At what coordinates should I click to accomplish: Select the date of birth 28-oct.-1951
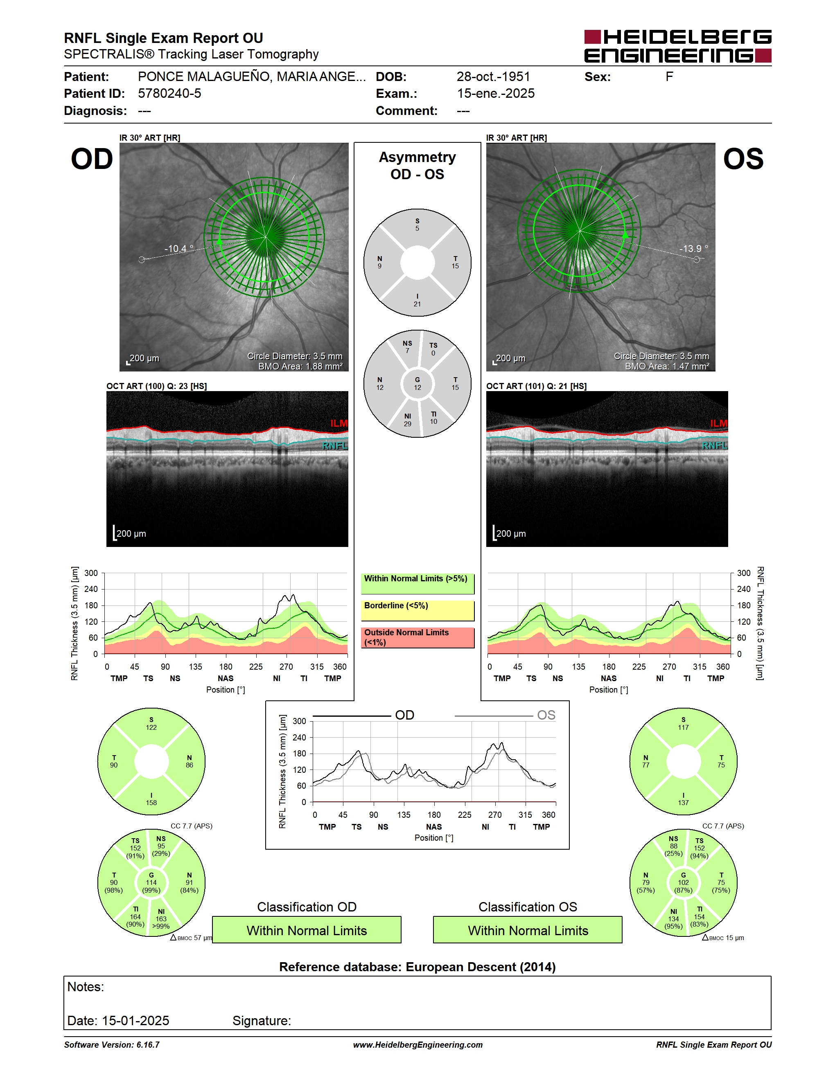493,76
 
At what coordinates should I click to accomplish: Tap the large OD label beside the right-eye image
92,159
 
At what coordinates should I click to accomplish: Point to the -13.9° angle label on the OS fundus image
693,248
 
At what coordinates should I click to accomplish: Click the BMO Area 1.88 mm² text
300,366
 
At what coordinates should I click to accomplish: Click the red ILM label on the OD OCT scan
339,423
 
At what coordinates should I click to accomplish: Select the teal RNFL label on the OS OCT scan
714,445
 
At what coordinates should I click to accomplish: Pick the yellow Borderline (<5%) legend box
417,610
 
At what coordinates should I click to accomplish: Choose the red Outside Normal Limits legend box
417,637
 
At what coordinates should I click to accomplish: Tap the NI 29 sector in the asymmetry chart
407,420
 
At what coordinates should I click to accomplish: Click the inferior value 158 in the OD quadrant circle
151,803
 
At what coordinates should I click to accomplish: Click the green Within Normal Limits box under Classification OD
307,930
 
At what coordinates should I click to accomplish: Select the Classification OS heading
528,907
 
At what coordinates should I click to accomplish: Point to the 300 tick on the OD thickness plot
91,573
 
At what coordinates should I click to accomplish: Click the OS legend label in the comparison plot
546,715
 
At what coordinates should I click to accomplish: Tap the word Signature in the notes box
262,1021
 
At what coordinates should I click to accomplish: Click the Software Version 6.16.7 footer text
112,1045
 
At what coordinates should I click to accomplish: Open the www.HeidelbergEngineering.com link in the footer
417,1045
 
